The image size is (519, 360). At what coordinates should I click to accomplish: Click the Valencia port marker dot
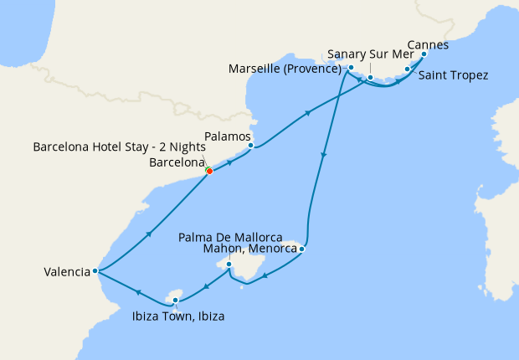click(96, 270)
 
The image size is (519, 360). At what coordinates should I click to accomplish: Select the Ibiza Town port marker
click(175, 299)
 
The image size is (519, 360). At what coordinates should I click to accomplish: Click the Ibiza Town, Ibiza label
click(177, 316)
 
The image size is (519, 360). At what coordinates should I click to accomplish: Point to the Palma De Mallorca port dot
click(229, 265)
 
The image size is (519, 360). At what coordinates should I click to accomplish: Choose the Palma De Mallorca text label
click(230, 238)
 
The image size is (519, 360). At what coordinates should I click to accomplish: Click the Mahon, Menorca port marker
click(301, 249)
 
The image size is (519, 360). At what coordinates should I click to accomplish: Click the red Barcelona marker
click(209, 171)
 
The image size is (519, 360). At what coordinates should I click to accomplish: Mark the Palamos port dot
click(250, 145)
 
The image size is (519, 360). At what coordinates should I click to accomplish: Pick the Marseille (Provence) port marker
click(352, 68)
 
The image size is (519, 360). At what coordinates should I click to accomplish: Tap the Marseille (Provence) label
click(287, 69)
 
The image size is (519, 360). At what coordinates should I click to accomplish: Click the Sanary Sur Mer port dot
click(370, 77)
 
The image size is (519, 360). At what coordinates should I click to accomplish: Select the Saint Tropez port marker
click(407, 69)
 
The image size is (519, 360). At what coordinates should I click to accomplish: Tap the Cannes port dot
click(424, 54)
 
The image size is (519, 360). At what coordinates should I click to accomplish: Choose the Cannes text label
click(427, 44)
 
